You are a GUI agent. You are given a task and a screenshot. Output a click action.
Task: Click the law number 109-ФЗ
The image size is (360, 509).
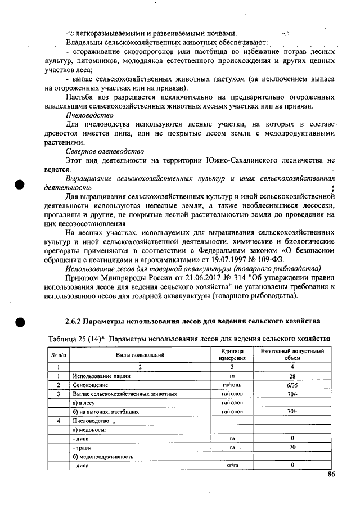(271, 259)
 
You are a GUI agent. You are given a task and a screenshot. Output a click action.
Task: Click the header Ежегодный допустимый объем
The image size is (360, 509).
(292, 354)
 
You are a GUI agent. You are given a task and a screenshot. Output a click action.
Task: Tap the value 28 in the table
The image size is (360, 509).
(292, 375)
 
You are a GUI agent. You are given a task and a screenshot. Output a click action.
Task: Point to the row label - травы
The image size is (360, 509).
(83, 447)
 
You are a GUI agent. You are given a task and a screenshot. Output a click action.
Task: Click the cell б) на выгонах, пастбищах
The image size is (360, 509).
(106, 412)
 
